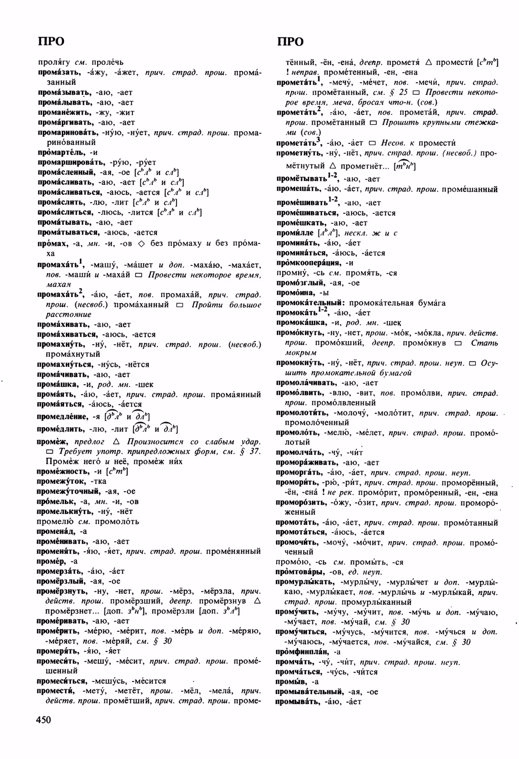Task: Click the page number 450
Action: (44, 719)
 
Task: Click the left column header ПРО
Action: (51, 41)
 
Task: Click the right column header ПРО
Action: (290, 41)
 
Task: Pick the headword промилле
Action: (295, 233)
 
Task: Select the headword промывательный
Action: (310, 692)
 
